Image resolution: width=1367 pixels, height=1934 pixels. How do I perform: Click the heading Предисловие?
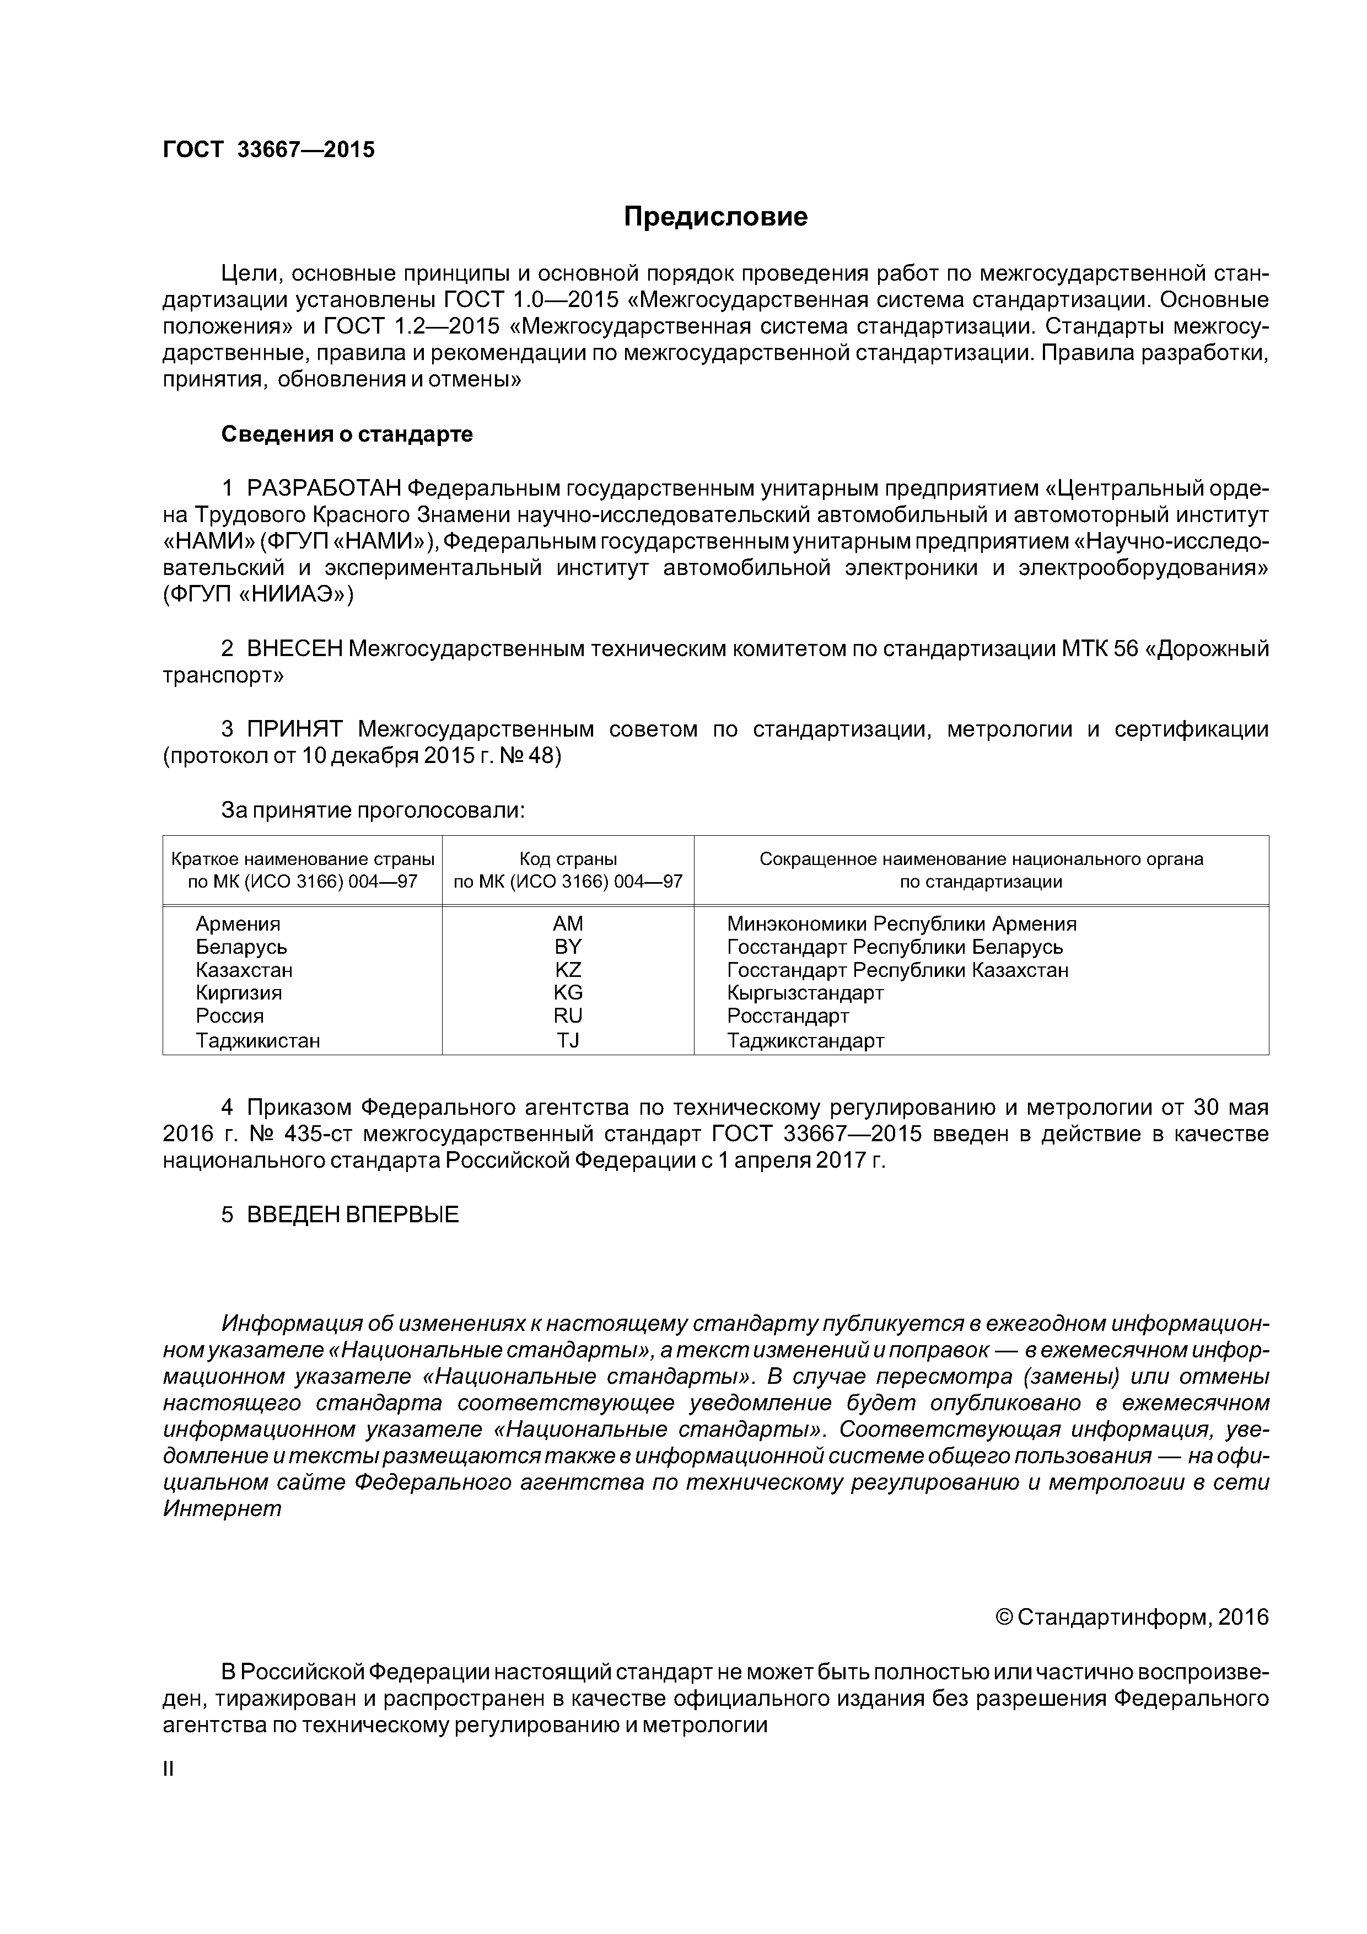coord(715,217)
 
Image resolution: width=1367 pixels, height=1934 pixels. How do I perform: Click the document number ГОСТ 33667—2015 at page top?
coord(268,150)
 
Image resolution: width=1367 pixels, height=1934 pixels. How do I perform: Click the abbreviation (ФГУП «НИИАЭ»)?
coord(258,595)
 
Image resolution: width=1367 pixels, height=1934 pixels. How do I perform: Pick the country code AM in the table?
coord(568,923)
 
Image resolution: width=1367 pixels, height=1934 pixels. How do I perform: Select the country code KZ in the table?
coord(568,970)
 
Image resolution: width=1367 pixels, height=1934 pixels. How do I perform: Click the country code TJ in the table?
coord(568,1040)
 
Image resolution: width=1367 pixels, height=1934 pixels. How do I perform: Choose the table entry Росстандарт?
coord(788,1016)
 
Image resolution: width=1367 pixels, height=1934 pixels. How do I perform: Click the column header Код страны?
coord(568,859)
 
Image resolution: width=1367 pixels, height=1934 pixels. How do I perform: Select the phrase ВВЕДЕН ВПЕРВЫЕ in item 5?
coord(352,1215)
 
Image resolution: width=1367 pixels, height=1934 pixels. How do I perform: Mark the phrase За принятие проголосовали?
coord(372,810)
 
